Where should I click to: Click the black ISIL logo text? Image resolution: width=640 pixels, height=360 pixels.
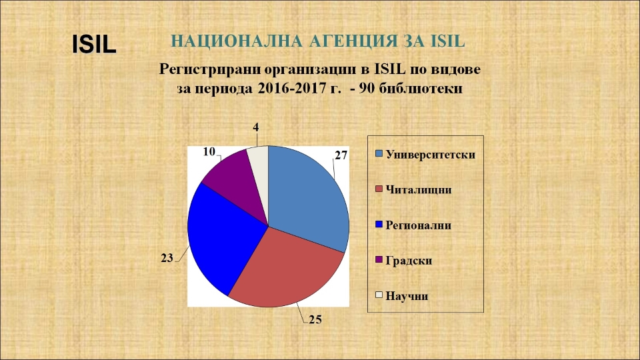[94, 44]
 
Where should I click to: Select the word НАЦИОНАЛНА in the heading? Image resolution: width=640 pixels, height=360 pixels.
[237, 41]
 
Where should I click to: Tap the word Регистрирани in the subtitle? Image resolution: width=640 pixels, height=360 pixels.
[210, 69]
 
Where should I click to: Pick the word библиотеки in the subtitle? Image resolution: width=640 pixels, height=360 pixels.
[421, 89]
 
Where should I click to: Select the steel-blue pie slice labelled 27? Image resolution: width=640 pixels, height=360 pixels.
[306, 192]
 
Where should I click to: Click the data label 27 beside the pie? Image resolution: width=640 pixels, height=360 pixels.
[341, 155]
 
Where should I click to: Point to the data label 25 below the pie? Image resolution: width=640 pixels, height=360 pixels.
[315, 319]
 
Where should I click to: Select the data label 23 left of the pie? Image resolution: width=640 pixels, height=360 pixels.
[167, 258]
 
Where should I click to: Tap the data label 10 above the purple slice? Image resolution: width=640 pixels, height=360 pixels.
[209, 152]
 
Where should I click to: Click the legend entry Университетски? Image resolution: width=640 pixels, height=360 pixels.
[425, 155]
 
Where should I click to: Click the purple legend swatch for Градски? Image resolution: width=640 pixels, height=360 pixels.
[379, 259]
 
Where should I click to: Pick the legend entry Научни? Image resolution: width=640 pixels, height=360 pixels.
[401, 295]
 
